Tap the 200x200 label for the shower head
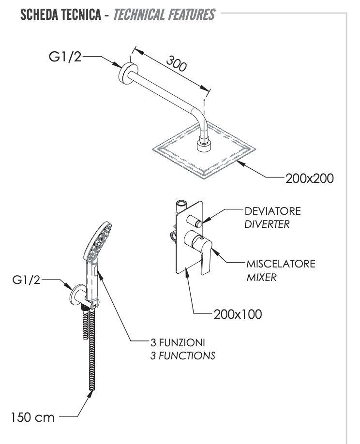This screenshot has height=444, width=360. point(309,178)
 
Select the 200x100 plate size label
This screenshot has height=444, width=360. point(238,314)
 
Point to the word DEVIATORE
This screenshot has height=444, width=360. point(273,211)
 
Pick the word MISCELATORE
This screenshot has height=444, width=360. point(281,264)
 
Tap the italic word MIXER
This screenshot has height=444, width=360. point(261,278)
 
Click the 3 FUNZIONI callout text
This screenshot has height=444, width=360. point(177,342)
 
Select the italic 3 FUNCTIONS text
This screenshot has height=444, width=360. point(181,355)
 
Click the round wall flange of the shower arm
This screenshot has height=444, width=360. point(126,73)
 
